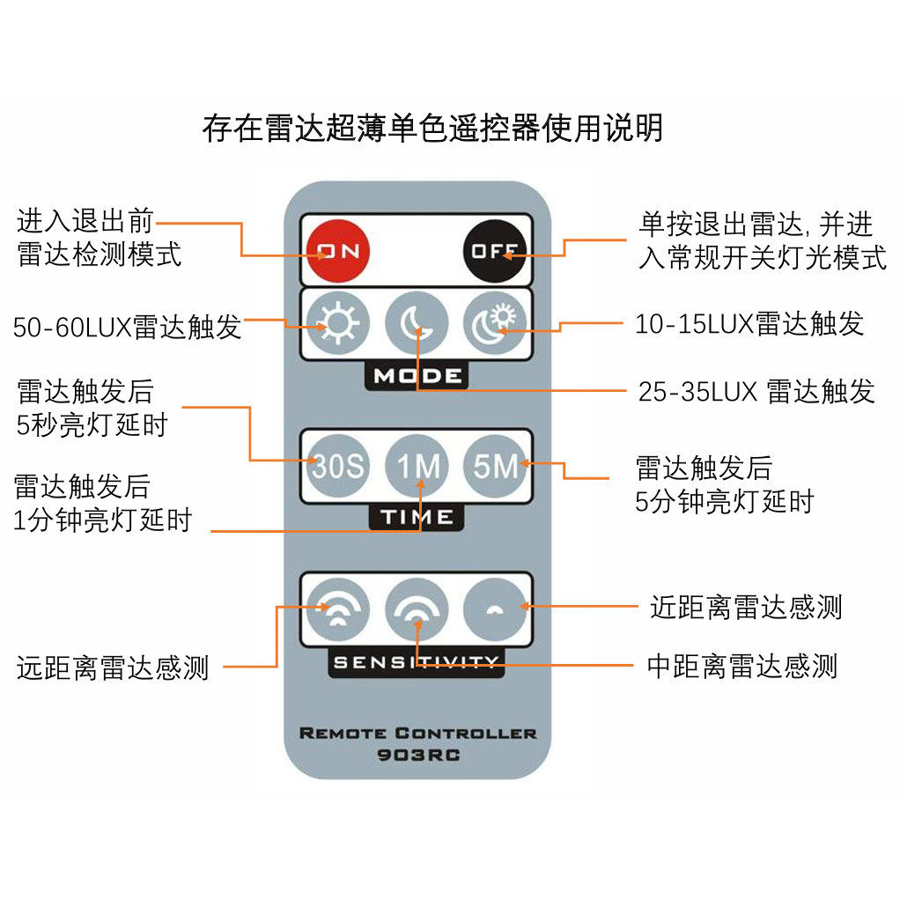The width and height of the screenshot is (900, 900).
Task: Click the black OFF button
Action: pos(495,251)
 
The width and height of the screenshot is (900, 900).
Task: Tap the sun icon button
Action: pos(338,323)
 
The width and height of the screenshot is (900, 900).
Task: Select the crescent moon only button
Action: pos(417,323)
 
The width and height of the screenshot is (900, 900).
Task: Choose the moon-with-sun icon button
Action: pos(495,323)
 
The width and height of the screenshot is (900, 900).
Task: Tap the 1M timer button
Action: pos(417,465)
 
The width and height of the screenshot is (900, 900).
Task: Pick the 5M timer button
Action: pos(495,465)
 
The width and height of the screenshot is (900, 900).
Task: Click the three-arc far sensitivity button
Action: pos(338,609)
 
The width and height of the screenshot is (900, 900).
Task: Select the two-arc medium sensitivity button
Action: pos(417,609)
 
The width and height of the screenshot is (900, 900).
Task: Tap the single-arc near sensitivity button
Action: pos(495,609)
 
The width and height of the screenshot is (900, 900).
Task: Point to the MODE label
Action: pos(417,376)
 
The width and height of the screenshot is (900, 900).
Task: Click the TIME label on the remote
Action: pos(417,518)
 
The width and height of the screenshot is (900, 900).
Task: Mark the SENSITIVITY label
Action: pos(417,662)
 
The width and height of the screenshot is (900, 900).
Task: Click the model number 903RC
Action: pos(417,755)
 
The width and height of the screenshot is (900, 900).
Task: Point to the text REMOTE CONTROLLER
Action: pos(417,733)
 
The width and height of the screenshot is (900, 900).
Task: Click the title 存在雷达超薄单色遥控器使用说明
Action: pos(432,129)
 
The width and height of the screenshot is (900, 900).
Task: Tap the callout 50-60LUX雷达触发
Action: pos(127,328)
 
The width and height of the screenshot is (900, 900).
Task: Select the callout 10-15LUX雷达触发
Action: pos(749,324)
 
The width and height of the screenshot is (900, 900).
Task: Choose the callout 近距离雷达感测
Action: pos(745,607)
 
